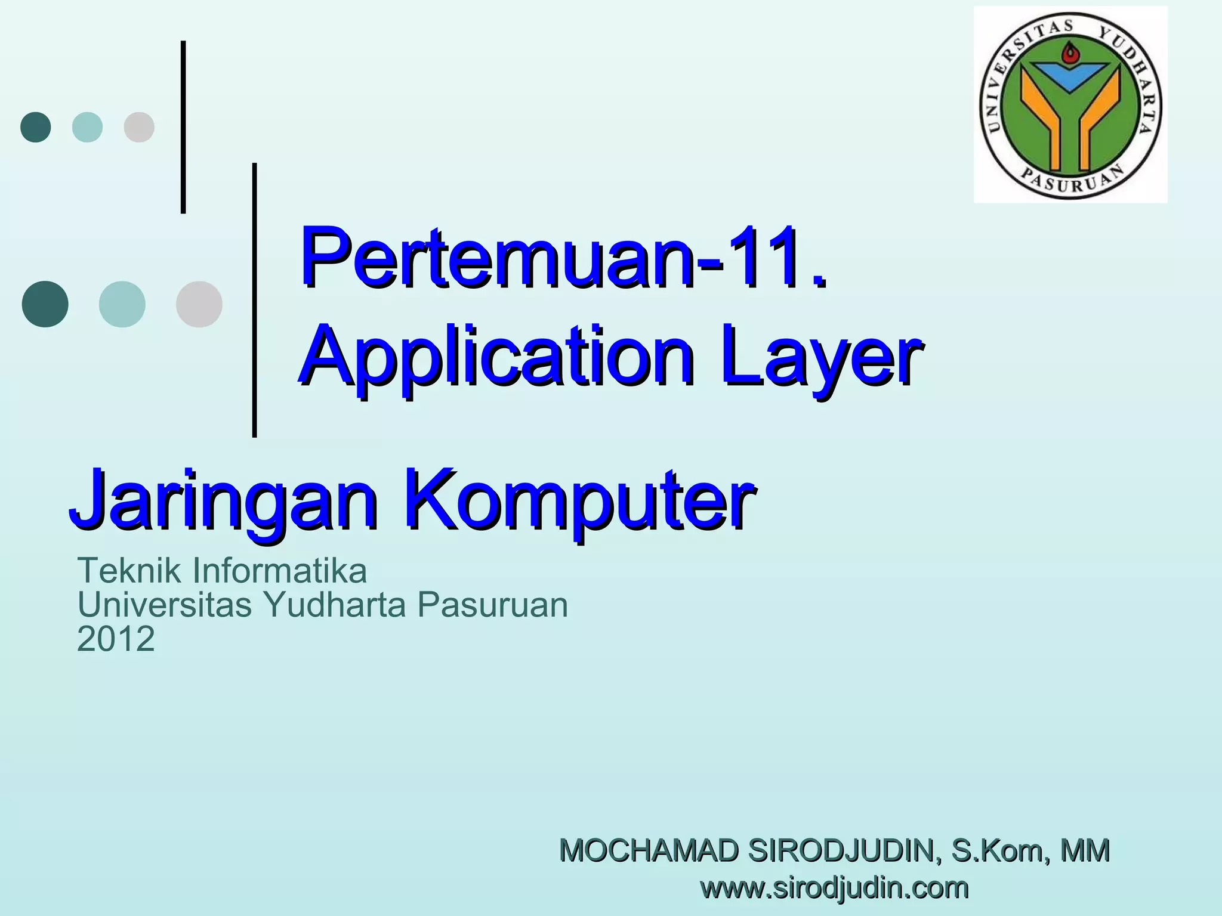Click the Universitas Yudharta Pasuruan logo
pyautogui.click(x=1070, y=105)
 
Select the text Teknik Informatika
pyautogui.click(x=222, y=570)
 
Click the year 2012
pyautogui.click(x=116, y=639)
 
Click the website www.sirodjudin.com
pyautogui.click(x=834, y=887)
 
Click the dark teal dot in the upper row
pyautogui.click(x=36, y=127)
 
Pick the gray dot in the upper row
pyautogui.click(x=139, y=127)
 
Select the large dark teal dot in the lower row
pyautogui.click(x=45, y=304)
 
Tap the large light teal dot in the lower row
pyautogui.click(x=122, y=304)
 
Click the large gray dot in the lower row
pyautogui.click(x=199, y=304)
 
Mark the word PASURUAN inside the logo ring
pyautogui.click(x=1071, y=181)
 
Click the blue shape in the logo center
pyautogui.click(x=1070, y=76)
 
